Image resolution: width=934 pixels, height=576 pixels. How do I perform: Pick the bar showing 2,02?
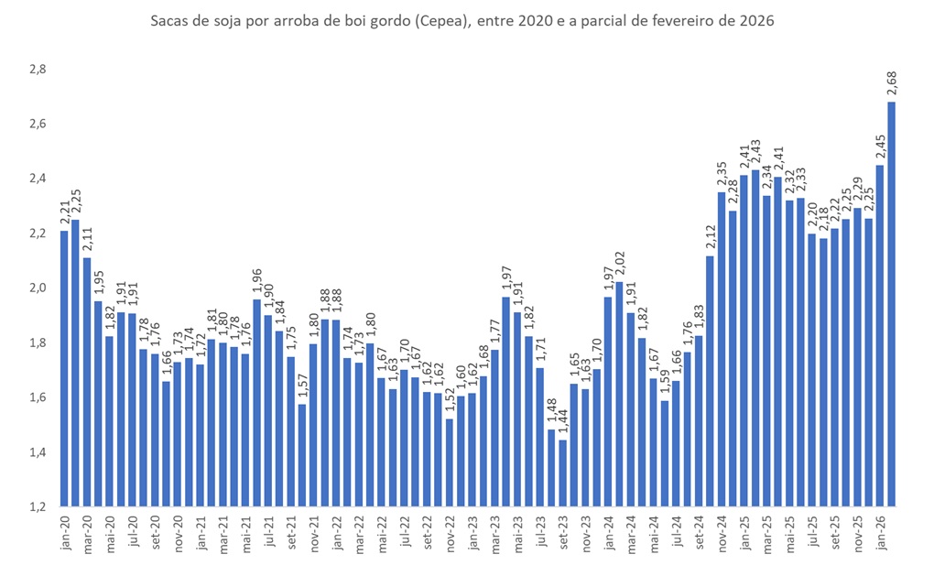pyautogui.click(x=620, y=393)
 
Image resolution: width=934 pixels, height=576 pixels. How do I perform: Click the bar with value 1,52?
pyautogui.click(x=451, y=462)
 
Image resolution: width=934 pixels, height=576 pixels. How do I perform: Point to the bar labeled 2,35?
pyautogui.click(x=722, y=348)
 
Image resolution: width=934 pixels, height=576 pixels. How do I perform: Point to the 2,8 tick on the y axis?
pyautogui.click(x=37, y=70)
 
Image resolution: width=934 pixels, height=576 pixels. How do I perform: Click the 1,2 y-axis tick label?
pyautogui.click(x=37, y=506)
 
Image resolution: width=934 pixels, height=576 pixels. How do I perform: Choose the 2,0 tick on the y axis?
pyautogui.click(x=37, y=288)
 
